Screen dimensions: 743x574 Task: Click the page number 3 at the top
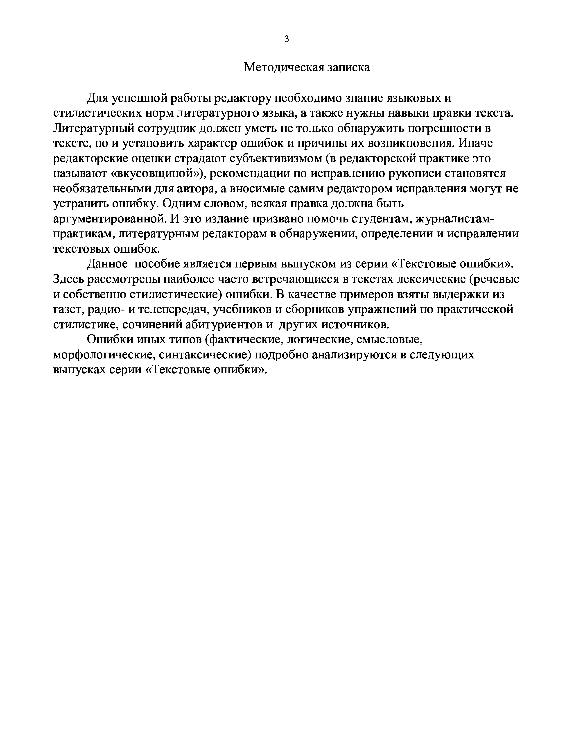click(287, 39)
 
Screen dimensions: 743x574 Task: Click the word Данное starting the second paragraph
click(107, 264)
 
